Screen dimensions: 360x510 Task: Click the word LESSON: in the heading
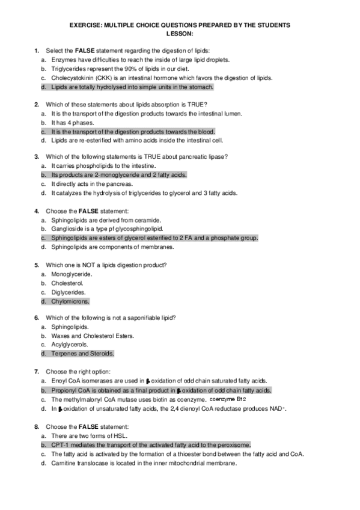click(180, 34)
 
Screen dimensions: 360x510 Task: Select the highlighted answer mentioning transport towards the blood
click(133, 132)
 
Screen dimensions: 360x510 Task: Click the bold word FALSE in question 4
click(88, 211)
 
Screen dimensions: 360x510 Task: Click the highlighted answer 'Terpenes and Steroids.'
click(82, 354)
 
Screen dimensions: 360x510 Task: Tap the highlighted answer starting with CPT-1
click(151, 444)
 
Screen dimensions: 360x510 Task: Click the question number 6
click(37, 318)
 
